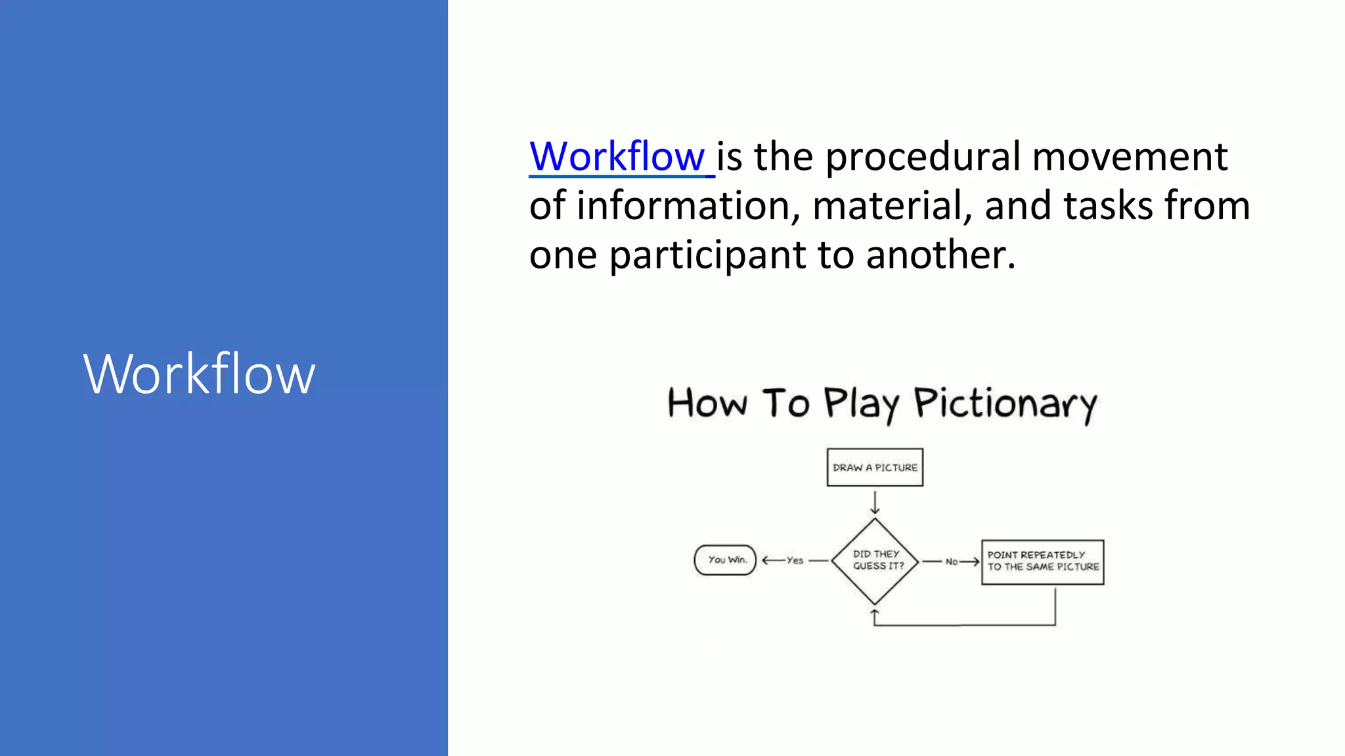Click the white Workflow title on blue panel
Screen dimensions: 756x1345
coord(199,374)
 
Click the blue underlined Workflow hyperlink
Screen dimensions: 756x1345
coord(617,157)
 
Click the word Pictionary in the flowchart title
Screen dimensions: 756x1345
coord(1005,403)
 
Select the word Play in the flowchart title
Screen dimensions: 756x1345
coord(860,403)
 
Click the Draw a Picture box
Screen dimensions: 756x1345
coord(875,467)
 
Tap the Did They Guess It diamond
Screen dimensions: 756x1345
coord(875,560)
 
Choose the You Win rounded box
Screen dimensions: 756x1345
coord(725,560)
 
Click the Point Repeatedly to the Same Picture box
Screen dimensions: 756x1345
coord(1042,562)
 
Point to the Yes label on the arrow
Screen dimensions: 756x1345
coord(795,560)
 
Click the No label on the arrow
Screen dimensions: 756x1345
coord(951,562)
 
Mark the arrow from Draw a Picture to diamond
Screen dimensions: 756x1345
coord(875,503)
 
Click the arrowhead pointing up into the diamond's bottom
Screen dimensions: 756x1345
coord(875,613)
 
